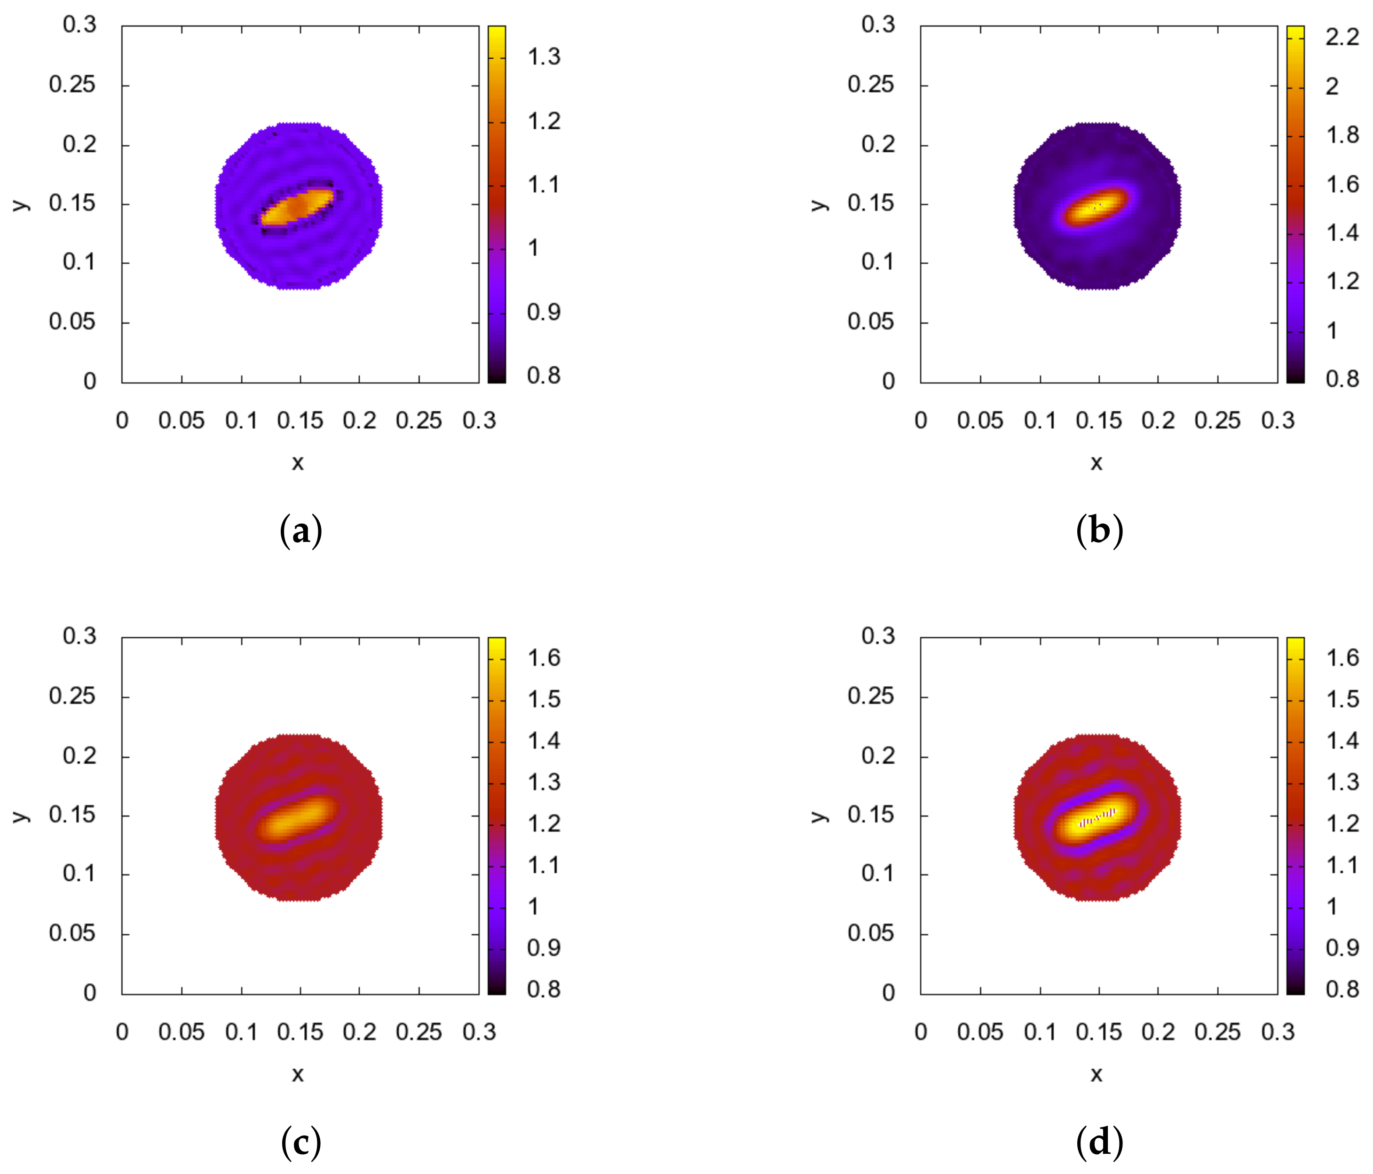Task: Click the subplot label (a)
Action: click(x=301, y=532)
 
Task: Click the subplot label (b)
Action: click(x=1099, y=532)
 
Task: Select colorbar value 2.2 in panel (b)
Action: click(x=1342, y=37)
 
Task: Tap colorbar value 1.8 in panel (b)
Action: click(x=1342, y=135)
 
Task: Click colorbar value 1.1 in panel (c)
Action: click(x=544, y=865)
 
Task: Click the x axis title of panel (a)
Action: click(x=298, y=463)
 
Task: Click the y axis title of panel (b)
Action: click(x=819, y=204)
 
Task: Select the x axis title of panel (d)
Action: click(x=1096, y=1074)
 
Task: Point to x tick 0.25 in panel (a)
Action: click(x=419, y=421)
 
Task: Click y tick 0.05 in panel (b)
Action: click(x=870, y=322)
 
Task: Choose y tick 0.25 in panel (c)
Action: click(x=71, y=697)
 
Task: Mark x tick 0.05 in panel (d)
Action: click(x=979, y=1032)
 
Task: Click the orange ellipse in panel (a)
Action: click(x=298, y=207)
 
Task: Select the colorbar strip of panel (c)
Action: click(x=497, y=816)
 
